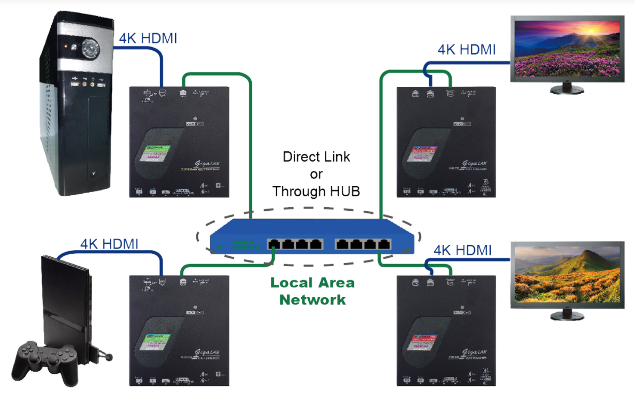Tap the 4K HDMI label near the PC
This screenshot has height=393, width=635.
click(x=148, y=38)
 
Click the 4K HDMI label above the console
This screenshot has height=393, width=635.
click(x=109, y=243)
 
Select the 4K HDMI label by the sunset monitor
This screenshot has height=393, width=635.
click(x=467, y=50)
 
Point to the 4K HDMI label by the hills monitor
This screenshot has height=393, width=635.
click(x=463, y=250)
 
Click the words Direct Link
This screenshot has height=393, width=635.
click(x=316, y=157)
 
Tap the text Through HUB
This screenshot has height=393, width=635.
click(x=316, y=191)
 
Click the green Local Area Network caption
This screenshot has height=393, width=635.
click(x=312, y=290)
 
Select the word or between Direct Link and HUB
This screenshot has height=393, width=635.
click(x=316, y=174)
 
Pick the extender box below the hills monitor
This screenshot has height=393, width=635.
click(x=446, y=330)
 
